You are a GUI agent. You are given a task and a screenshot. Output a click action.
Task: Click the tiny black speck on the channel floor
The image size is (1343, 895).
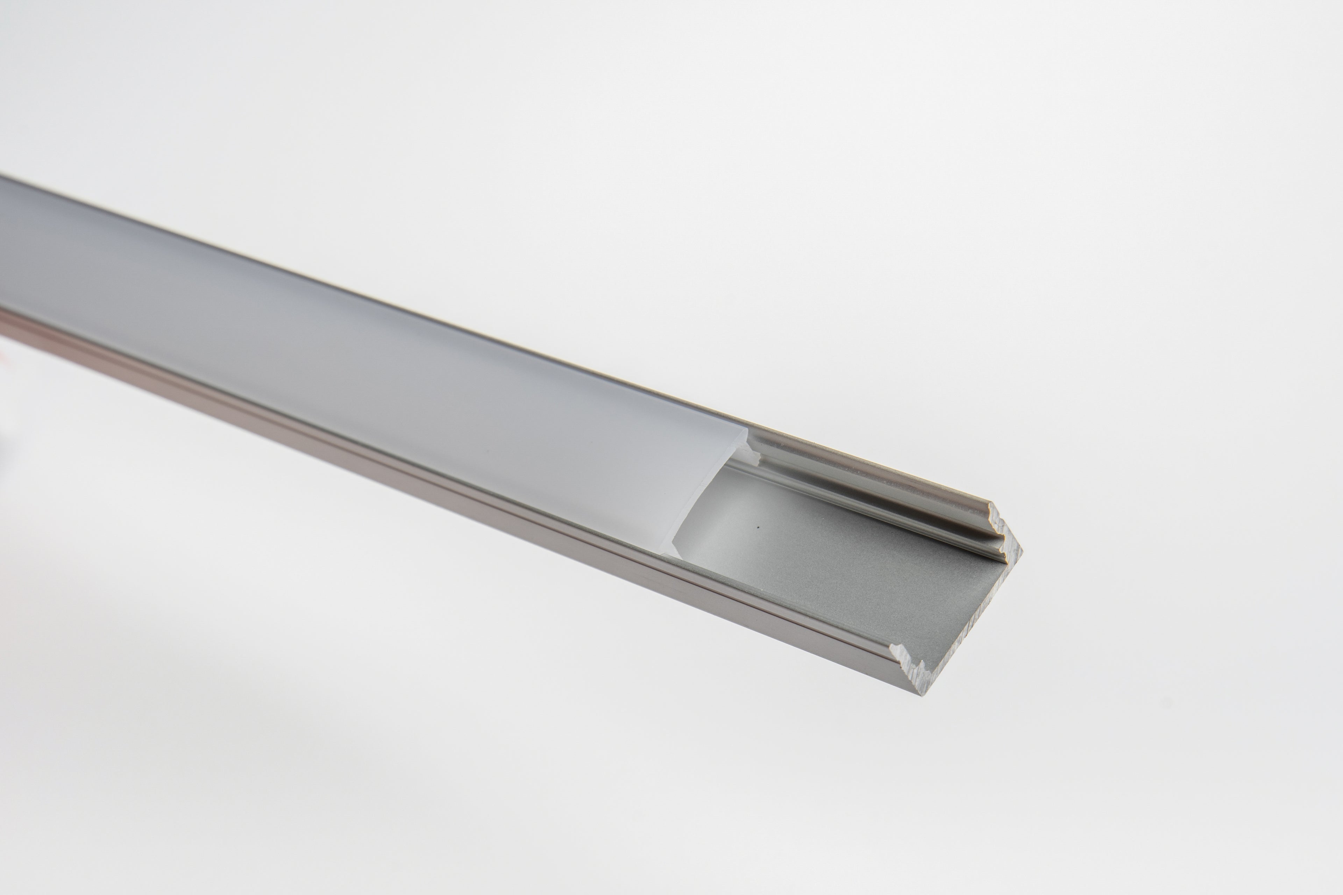click(757, 527)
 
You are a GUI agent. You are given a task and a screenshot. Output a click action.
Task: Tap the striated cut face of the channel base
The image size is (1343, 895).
click(971, 616)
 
